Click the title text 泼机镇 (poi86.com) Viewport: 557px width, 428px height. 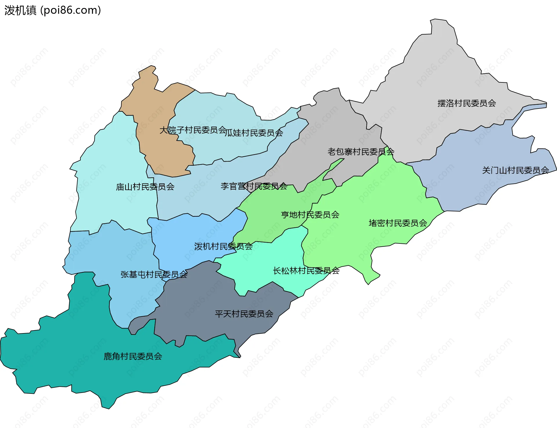click(x=53, y=10)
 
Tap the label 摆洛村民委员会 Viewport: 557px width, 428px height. click(x=466, y=103)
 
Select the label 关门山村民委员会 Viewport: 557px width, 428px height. click(x=515, y=170)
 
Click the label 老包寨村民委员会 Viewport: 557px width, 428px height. click(x=361, y=152)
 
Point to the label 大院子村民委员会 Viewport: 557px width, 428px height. click(x=193, y=130)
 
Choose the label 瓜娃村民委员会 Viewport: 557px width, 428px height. click(x=254, y=133)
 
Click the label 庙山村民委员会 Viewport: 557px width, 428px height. click(x=145, y=187)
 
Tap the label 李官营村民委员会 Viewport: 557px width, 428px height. click(x=254, y=186)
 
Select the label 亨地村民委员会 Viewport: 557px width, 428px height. click(x=310, y=215)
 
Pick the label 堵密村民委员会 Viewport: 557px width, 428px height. click(x=398, y=223)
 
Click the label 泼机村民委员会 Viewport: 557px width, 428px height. click(x=223, y=246)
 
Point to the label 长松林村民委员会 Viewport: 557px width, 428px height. click(x=306, y=271)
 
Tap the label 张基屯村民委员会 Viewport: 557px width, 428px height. click(x=154, y=275)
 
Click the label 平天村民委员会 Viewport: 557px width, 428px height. click(x=244, y=314)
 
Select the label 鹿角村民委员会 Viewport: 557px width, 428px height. click(x=133, y=356)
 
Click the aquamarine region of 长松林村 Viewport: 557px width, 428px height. click(x=267, y=261)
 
